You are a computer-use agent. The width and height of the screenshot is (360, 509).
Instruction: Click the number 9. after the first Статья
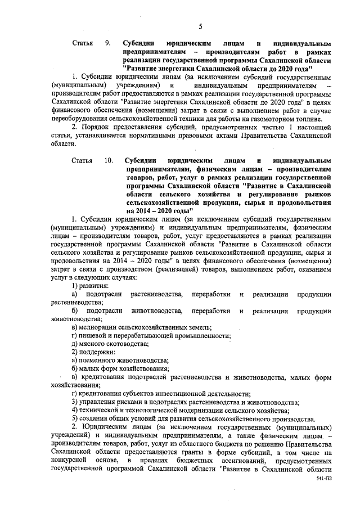click(x=107, y=43)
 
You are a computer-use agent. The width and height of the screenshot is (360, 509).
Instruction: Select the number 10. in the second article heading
click(x=109, y=160)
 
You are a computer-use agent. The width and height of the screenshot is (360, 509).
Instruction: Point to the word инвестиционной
click(x=190, y=394)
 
